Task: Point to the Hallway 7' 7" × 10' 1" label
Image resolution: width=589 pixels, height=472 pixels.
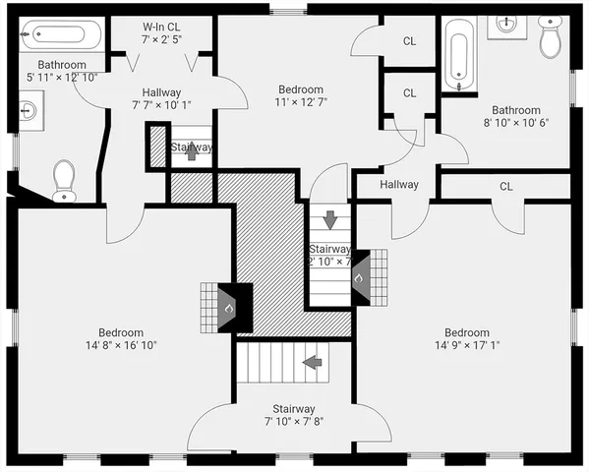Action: pyautogui.click(x=161, y=98)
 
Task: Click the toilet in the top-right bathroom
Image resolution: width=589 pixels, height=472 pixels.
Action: pyautogui.click(x=551, y=38)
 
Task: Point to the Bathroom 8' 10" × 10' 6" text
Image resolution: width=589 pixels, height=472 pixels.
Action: pyautogui.click(x=516, y=116)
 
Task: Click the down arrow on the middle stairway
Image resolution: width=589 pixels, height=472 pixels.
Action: pyautogui.click(x=329, y=218)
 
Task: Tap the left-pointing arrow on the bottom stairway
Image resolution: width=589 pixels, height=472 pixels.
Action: pyautogui.click(x=314, y=363)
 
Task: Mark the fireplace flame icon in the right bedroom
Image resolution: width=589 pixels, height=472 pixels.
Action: pyautogui.click(x=359, y=277)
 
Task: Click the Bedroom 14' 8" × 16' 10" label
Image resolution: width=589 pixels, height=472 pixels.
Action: pyautogui.click(x=121, y=338)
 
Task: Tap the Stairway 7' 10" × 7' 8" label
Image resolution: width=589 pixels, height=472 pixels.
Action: pyautogui.click(x=293, y=415)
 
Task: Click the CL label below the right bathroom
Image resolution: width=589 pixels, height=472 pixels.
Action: pyautogui.click(x=505, y=186)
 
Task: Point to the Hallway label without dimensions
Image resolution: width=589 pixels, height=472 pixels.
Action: pyautogui.click(x=399, y=184)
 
